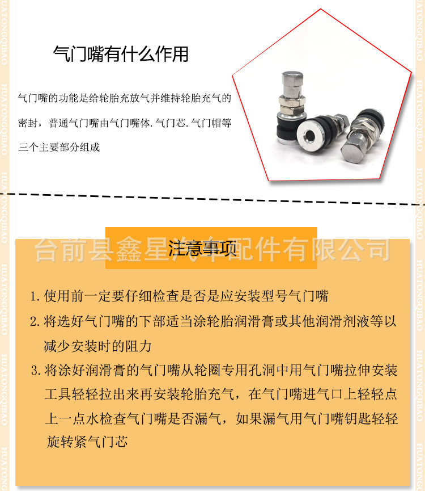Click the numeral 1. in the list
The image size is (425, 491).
coord(35,296)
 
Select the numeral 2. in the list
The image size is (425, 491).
coord(35,322)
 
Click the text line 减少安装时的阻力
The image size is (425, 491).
coord(98,346)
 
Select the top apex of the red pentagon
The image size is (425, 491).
coord(323,10)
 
